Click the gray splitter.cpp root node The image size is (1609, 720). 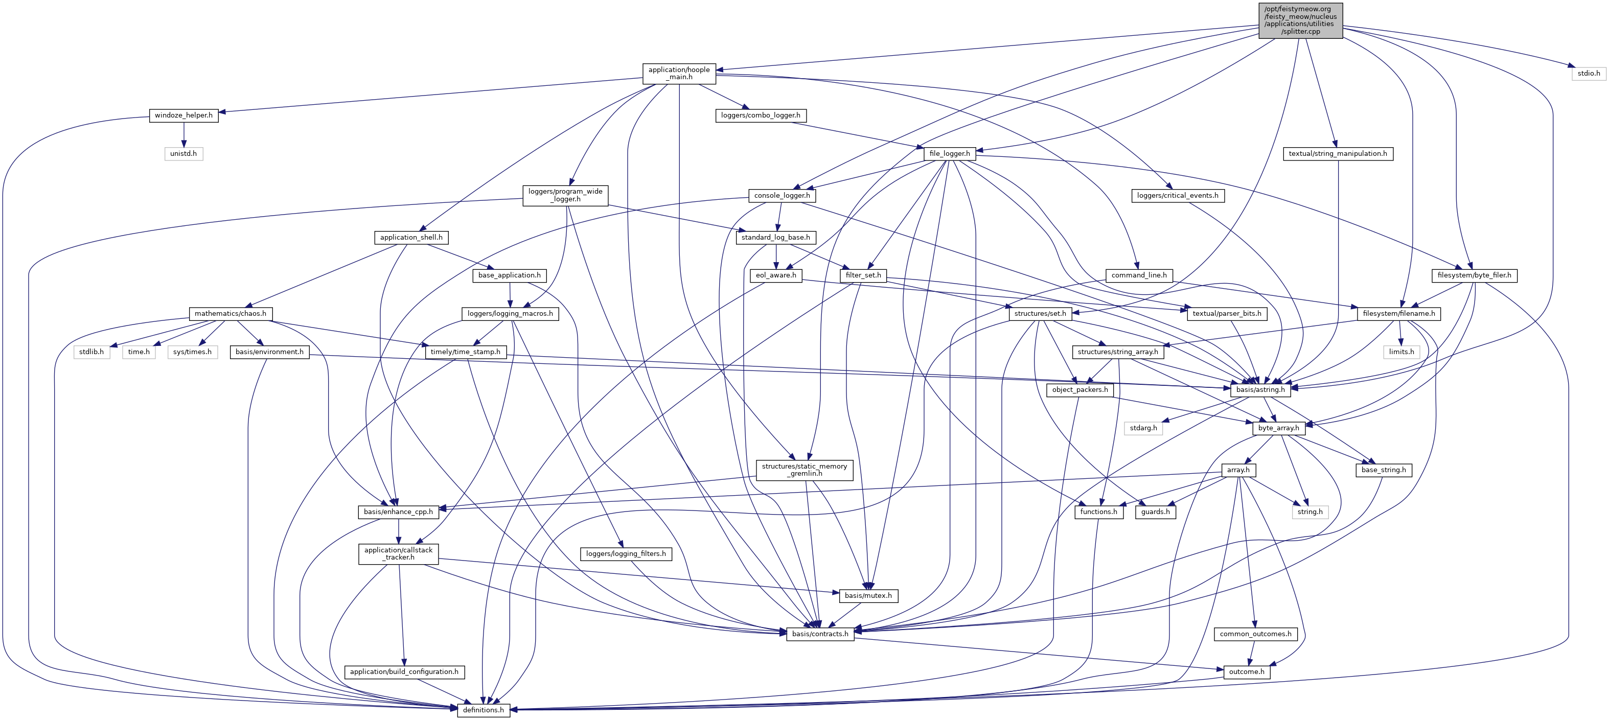pyautogui.click(x=1300, y=20)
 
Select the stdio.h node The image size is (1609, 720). pyautogui.click(x=1589, y=74)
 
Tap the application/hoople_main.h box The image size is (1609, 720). pyautogui.click(x=679, y=74)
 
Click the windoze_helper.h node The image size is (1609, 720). pyautogui.click(x=183, y=115)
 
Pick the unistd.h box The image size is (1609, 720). pyautogui.click(x=183, y=154)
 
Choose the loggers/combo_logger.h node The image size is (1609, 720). pyautogui.click(x=760, y=115)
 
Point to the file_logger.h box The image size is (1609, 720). pyautogui.click(x=950, y=154)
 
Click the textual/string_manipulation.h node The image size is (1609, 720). pyautogui.click(x=1337, y=154)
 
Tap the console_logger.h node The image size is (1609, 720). pyautogui.click(x=781, y=195)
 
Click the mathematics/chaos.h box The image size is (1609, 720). pyautogui.click(x=230, y=313)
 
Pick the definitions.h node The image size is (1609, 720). pyautogui.click(x=484, y=710)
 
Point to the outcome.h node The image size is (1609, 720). pyautogui.click(x=1246, y=672)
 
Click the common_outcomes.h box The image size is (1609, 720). pyautogui.click(x=1255, y=634)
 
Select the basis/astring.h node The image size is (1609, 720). pyautogui.click(x=1260, y=390)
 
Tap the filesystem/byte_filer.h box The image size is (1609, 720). pyautogui.click(x=1474, y=275)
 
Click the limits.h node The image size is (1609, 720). pyautogui.click(x=1401, y=352)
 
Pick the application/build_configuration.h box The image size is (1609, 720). pyautogui.click(x=404, y=672)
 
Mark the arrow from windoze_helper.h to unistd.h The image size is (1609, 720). pyautogui.click(x=183, y=135)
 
